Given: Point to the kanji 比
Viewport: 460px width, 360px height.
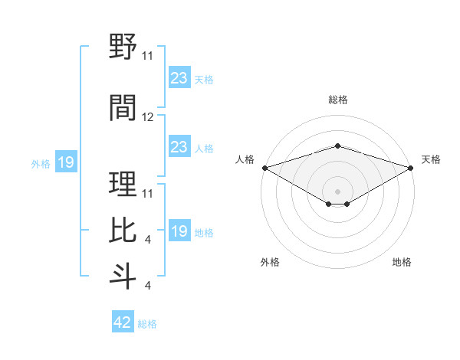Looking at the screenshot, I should (123, 230).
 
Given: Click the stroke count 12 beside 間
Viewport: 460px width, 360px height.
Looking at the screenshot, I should (148, 117).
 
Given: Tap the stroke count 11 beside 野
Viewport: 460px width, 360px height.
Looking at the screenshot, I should (148, 55).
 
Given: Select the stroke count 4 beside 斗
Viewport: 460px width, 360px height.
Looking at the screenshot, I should (147, 286).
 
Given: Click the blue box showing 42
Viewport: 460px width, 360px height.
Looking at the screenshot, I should (123, 322).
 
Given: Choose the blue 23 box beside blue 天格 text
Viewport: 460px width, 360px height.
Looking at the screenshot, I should (179, 78).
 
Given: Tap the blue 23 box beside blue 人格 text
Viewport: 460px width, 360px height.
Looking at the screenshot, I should (179, 147).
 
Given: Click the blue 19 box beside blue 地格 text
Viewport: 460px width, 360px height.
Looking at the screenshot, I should (179, 231).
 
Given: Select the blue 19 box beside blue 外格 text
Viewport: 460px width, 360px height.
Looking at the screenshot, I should (66, 162).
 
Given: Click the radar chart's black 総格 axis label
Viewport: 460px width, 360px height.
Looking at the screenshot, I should (337, 100).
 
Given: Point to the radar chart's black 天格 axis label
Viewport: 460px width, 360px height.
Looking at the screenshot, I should (431, 159).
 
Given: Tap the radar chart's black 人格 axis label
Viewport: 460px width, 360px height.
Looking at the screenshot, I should (245, 159).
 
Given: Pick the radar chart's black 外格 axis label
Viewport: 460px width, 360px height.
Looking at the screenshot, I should (270, 262).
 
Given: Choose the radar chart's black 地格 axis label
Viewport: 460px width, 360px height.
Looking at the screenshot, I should (402, 262).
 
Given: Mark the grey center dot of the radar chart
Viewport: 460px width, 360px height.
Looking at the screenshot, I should (337, 191).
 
